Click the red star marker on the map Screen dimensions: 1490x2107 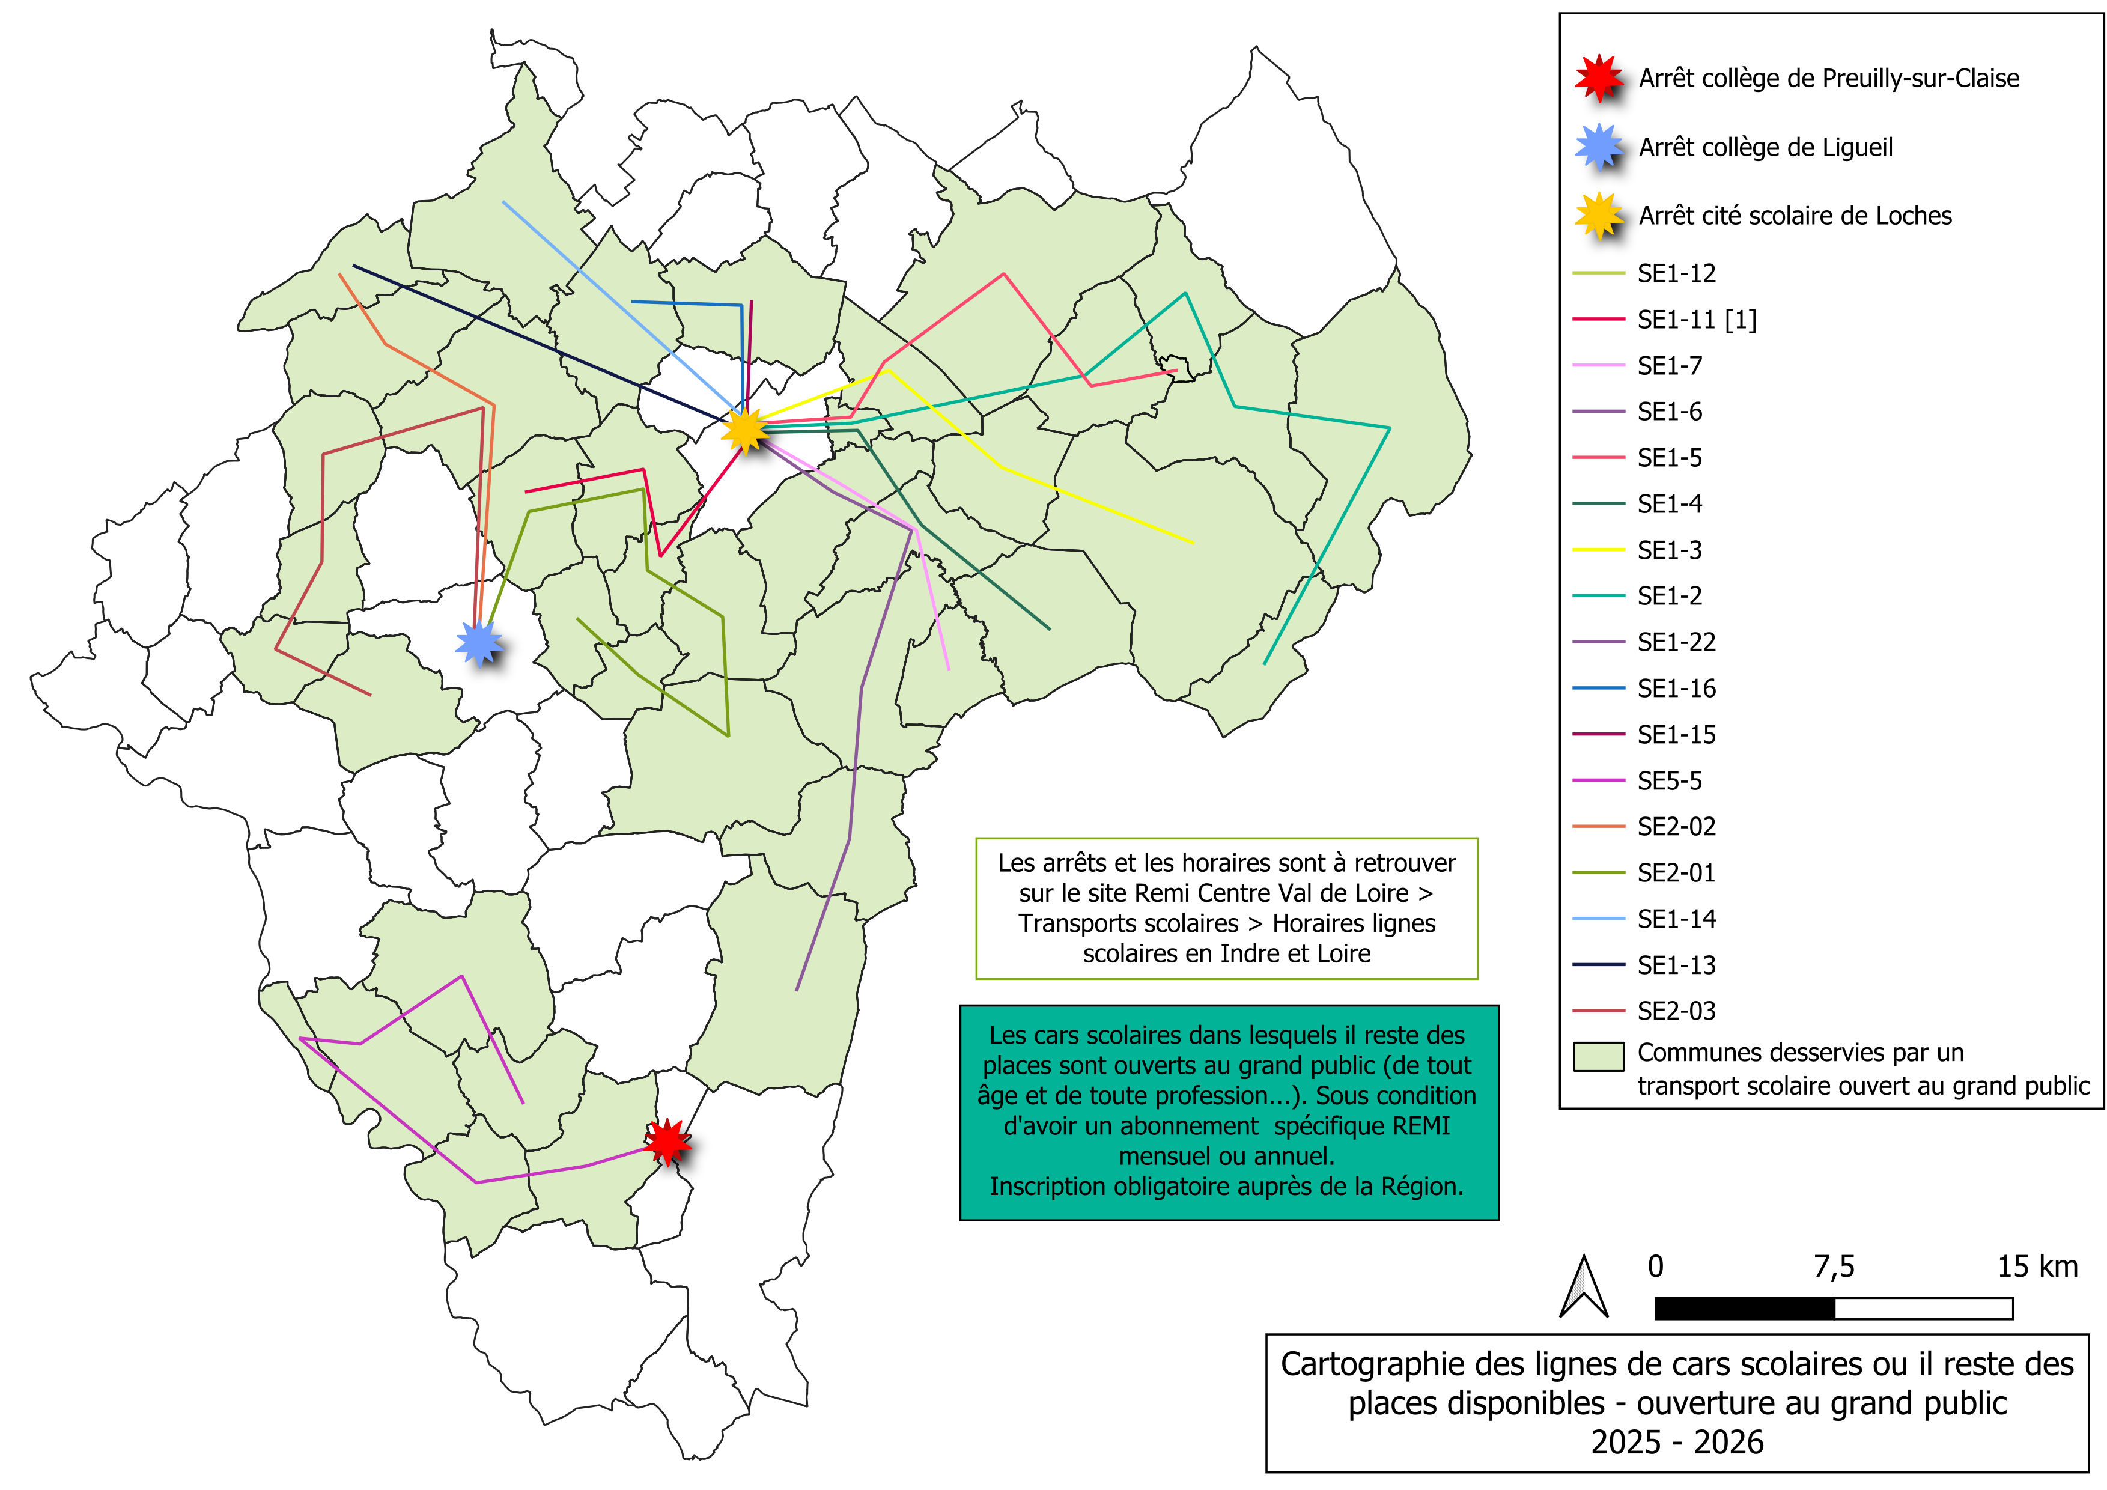tap(667, 1142)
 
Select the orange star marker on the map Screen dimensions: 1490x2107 tap(745, 430)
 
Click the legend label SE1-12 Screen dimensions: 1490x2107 tap(1676, 273)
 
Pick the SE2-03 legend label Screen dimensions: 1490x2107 tap(1676, 1011)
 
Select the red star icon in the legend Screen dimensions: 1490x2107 tap(1599, 78)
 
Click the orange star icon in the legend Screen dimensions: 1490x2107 tap(1599, 216)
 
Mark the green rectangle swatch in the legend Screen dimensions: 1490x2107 tap(1598, 1056)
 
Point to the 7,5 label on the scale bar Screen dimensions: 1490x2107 tap(1834, 1267)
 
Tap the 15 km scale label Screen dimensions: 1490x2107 tap(2037, 1267)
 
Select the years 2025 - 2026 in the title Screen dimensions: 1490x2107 tap(1677, 1443)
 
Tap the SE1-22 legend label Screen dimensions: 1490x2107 tap(1676, 642)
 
